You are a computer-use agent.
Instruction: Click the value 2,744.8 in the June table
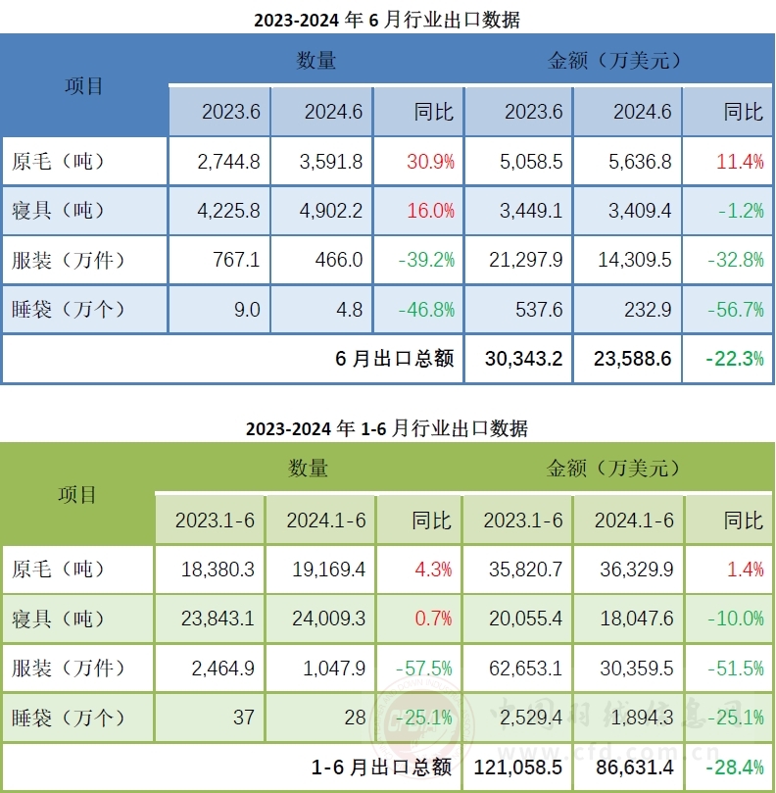tap(228, 162)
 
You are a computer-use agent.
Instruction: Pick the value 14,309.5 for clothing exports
tap(632, 261)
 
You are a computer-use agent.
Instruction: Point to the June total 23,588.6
tap(632, 359)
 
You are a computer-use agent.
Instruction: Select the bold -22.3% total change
tap(734, 359)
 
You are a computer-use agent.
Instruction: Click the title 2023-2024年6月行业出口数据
tap(387, 20)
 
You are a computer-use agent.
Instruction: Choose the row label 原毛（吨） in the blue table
tap(59, 162)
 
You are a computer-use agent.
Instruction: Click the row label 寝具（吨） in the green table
tap(59, 619)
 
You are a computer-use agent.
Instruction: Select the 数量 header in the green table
tap(309, 469)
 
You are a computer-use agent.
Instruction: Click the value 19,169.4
tap(322, 570)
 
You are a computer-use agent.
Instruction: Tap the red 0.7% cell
tap(433, 619)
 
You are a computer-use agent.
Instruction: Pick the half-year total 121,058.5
tap(519, 768)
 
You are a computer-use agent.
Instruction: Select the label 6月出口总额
tap(394, 359)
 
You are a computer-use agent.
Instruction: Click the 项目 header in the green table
tap(77, 494)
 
